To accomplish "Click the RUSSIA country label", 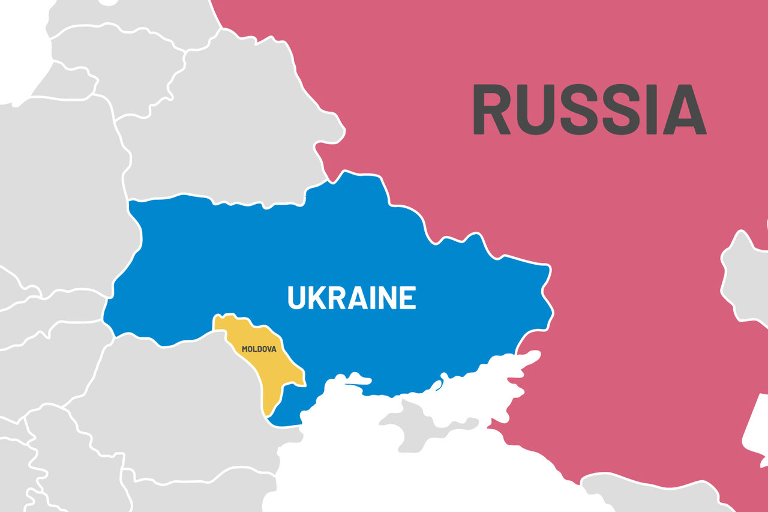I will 589,110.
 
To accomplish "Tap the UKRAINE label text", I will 352,298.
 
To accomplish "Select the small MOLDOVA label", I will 259,349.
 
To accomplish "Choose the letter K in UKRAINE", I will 317,298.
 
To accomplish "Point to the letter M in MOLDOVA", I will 245,349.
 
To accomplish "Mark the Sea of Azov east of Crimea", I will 486,384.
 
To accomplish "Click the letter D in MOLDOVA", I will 259,349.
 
